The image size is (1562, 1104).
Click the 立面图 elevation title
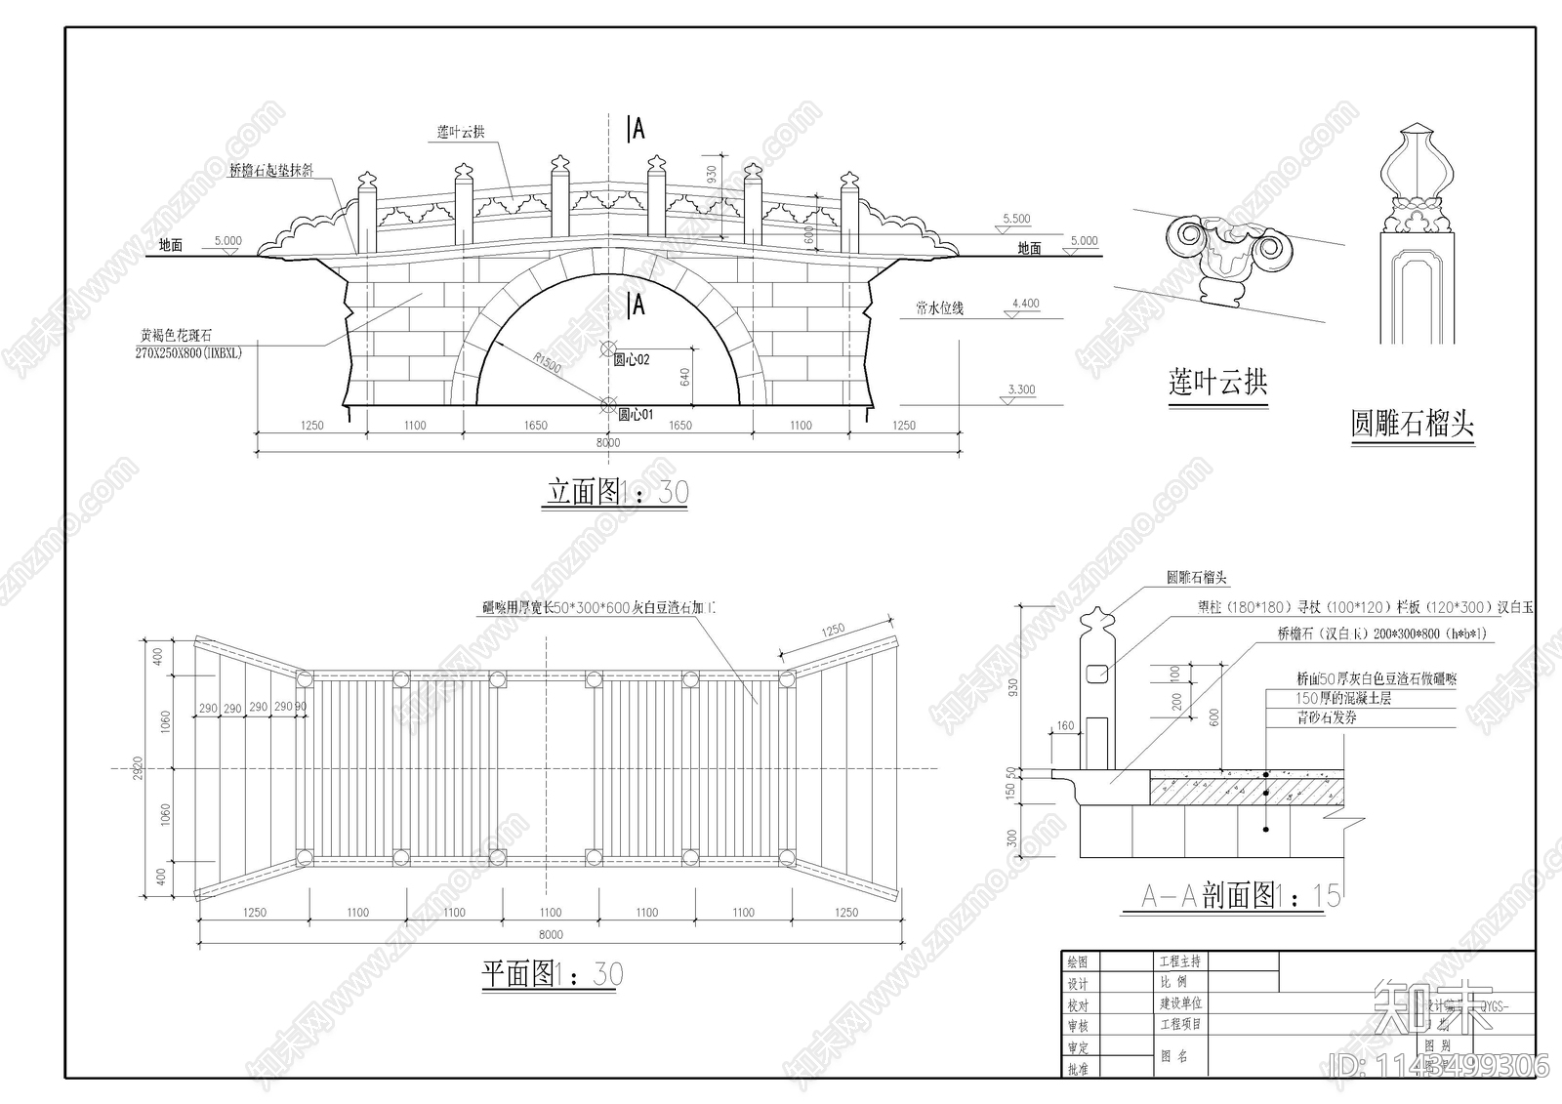pyautogui.click(x=583, y=492)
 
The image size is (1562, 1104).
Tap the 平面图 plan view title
pyautogui.click(x=518, y=973)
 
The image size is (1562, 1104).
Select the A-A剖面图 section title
pyautogui.click(x=1209, y=895)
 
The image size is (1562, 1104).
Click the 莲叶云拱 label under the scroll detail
pyautogui.click(x=1217, y=383)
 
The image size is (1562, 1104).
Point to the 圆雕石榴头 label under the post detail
pyautogui.click(x=1412, y=425)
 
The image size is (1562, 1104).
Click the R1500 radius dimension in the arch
pyautogui.click(x=548, y=362)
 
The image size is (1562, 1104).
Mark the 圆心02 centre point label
pyautogui.click(x=632, y=360)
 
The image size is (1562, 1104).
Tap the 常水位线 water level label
pyautogui.click(x=939, y=308)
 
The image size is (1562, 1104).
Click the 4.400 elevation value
pyautogui.click(x=1025, y=304)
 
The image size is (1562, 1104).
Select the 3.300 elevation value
pyautogui.click(x=1021, y=389)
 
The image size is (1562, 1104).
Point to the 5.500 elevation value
pyautogui.click(x=1016, y=220)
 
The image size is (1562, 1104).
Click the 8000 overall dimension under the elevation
pyautogui.click(x=607, y=443)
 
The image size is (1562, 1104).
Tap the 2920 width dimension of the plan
pyautogui.click(x=139, y=769)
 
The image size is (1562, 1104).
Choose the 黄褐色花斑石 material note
pyautogui.click(x=176, y=335)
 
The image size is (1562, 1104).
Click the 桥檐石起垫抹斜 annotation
pyautogui.click(x=271, y=171)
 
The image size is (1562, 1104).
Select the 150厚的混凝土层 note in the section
pyautogui.click(x=1343, y=699)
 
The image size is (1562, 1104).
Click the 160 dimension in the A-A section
pyautogui.click(x=1065, y=725)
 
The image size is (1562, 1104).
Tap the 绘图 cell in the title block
pyautogui.click(x=1077, y=961)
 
